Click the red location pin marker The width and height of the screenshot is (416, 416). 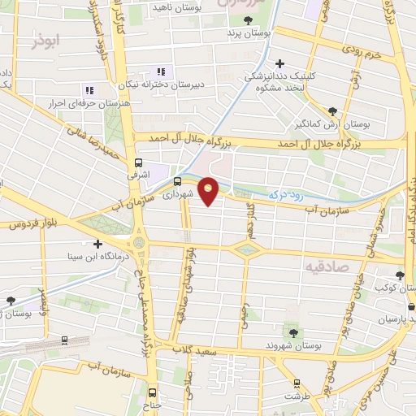pos(210,191)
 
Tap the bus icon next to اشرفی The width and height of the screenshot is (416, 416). pos(138,162)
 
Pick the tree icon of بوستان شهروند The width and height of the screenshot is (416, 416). pos(293,331)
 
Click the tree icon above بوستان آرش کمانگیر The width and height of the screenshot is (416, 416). pos(332,111)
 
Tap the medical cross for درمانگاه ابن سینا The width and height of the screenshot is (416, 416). pos(97,243)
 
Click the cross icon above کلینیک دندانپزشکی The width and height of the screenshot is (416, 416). pos(280,63)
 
